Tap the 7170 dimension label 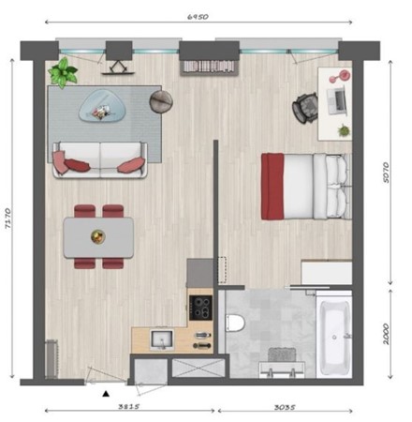pos(9,219)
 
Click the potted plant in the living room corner pos(65,72)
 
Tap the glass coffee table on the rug pos(98,106)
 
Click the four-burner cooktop pos(200,306)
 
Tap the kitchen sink pos(157,339)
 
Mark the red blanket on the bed pos(272,187)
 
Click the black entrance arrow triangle pos(106,395)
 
